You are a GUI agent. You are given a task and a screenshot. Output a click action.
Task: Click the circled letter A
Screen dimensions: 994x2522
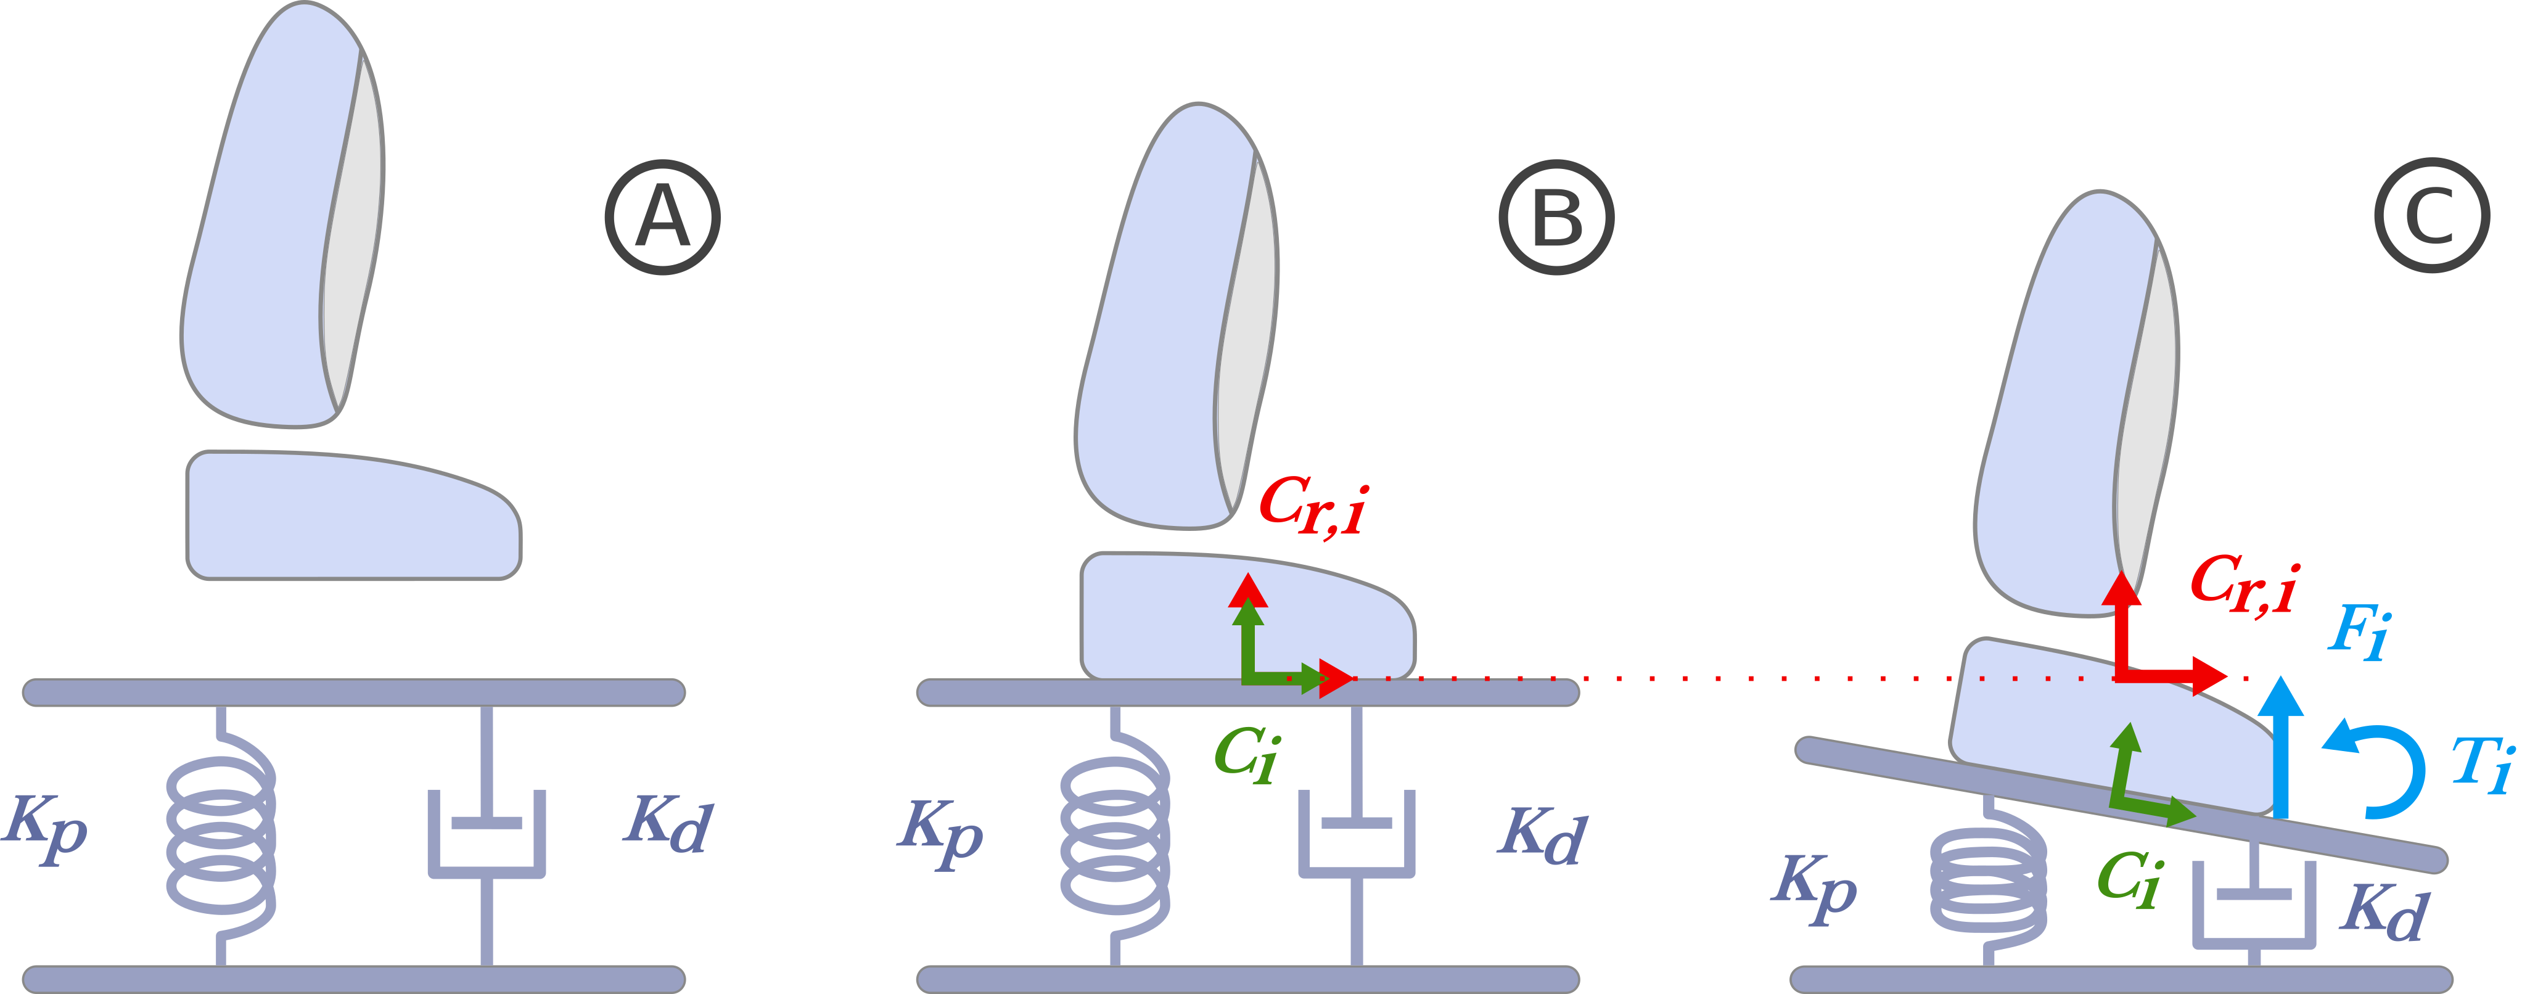coord(663,218)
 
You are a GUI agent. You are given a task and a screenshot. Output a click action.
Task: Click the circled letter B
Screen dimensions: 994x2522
coord(1556,218)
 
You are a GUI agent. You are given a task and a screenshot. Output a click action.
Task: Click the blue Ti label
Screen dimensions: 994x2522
coord(2483,764)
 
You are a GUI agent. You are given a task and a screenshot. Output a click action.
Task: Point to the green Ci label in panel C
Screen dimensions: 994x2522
coord(2129,879)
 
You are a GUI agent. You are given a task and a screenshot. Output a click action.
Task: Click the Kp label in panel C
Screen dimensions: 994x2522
coord(1814,885)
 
